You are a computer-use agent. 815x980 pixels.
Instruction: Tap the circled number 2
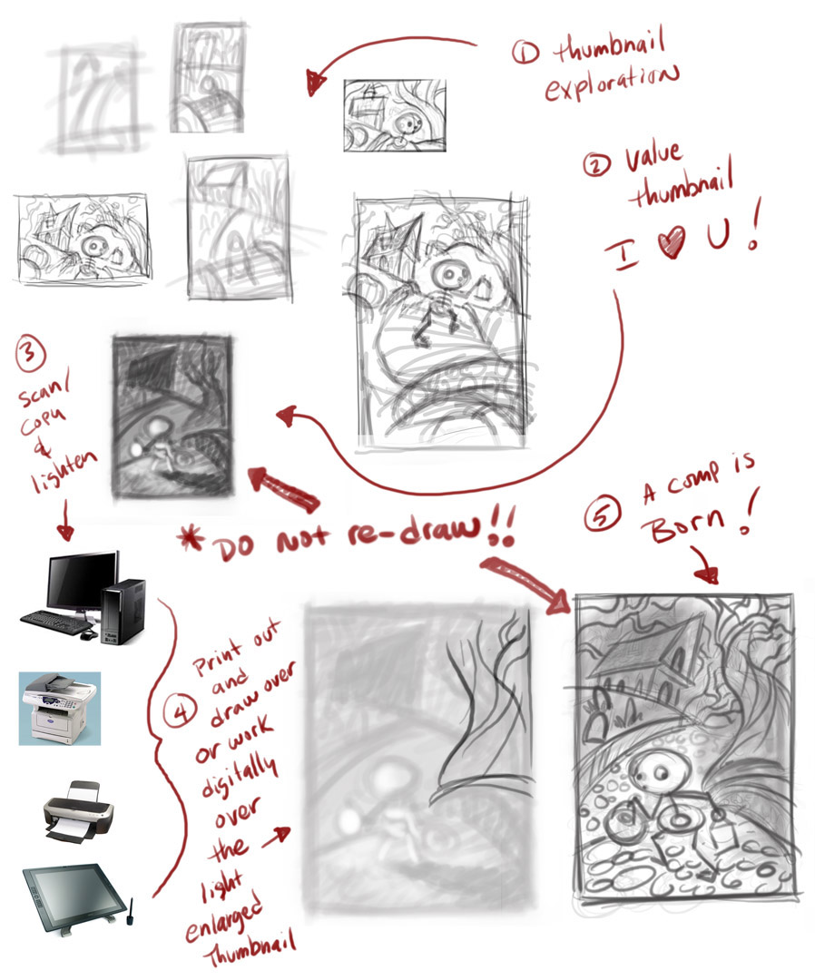click(597, 165)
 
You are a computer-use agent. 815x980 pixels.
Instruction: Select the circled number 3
click(31, 353)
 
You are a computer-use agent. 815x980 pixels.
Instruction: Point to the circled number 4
click(180, 713)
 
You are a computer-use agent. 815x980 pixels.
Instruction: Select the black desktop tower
click(123, 612)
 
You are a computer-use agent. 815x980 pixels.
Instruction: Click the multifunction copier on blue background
click(59, 708)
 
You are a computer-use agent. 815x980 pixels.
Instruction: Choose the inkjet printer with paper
click(77, 811)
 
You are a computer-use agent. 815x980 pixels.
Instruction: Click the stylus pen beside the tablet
click(131, 910)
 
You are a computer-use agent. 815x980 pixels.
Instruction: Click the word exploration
click(612, 83)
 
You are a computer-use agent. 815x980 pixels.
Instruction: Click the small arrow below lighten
click(65, 519)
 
